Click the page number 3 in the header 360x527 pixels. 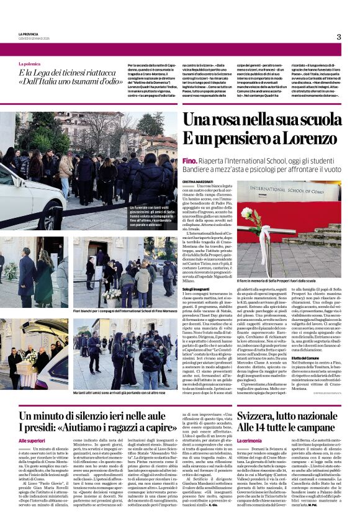[x=338, y=37]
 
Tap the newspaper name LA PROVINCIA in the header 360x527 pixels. [x=29, y=34]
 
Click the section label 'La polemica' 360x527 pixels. [x=29, y=64]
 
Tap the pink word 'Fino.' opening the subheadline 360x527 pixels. [x=189, y=161]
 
